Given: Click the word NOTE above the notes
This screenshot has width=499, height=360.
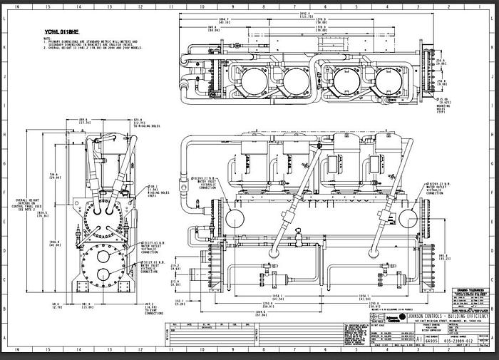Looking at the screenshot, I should pos(47,39).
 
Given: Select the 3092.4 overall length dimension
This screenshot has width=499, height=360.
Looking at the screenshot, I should pos(284,15).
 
